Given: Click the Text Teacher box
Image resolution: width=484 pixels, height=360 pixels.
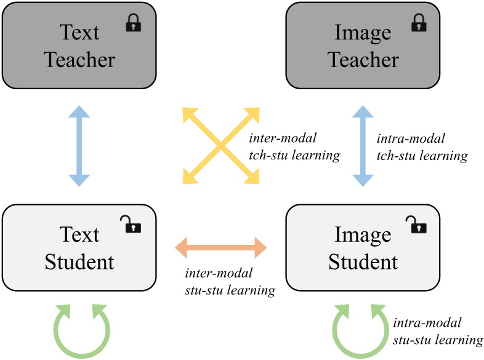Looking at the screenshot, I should [x=79, y=46].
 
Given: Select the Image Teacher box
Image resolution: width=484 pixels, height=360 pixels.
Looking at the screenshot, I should [x=363, y=46].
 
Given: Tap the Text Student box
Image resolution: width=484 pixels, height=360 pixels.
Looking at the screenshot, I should [x=79, y=247].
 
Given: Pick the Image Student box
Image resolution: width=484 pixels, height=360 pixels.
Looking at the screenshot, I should [x=363, y=247].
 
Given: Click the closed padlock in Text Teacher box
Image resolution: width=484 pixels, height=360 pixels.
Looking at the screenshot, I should [x=134, y=24].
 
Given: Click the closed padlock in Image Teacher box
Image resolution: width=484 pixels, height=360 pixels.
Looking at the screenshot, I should [x=418, y=24].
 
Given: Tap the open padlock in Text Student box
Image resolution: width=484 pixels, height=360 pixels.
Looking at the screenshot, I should [x=132, y=225].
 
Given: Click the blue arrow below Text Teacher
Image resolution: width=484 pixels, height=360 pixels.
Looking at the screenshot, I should [x=79, y=146].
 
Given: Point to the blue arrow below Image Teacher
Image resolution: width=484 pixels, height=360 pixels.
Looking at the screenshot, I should [x=363, y=146].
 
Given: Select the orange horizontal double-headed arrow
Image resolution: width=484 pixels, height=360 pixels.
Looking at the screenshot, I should [x=221, y=248].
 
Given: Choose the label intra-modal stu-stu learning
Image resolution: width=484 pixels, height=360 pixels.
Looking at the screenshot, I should [x=437, y=330].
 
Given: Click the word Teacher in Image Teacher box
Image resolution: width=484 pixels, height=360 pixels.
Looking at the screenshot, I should [x=363, y=60].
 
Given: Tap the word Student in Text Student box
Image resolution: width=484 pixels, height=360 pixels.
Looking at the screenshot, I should [x=79, y=262].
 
